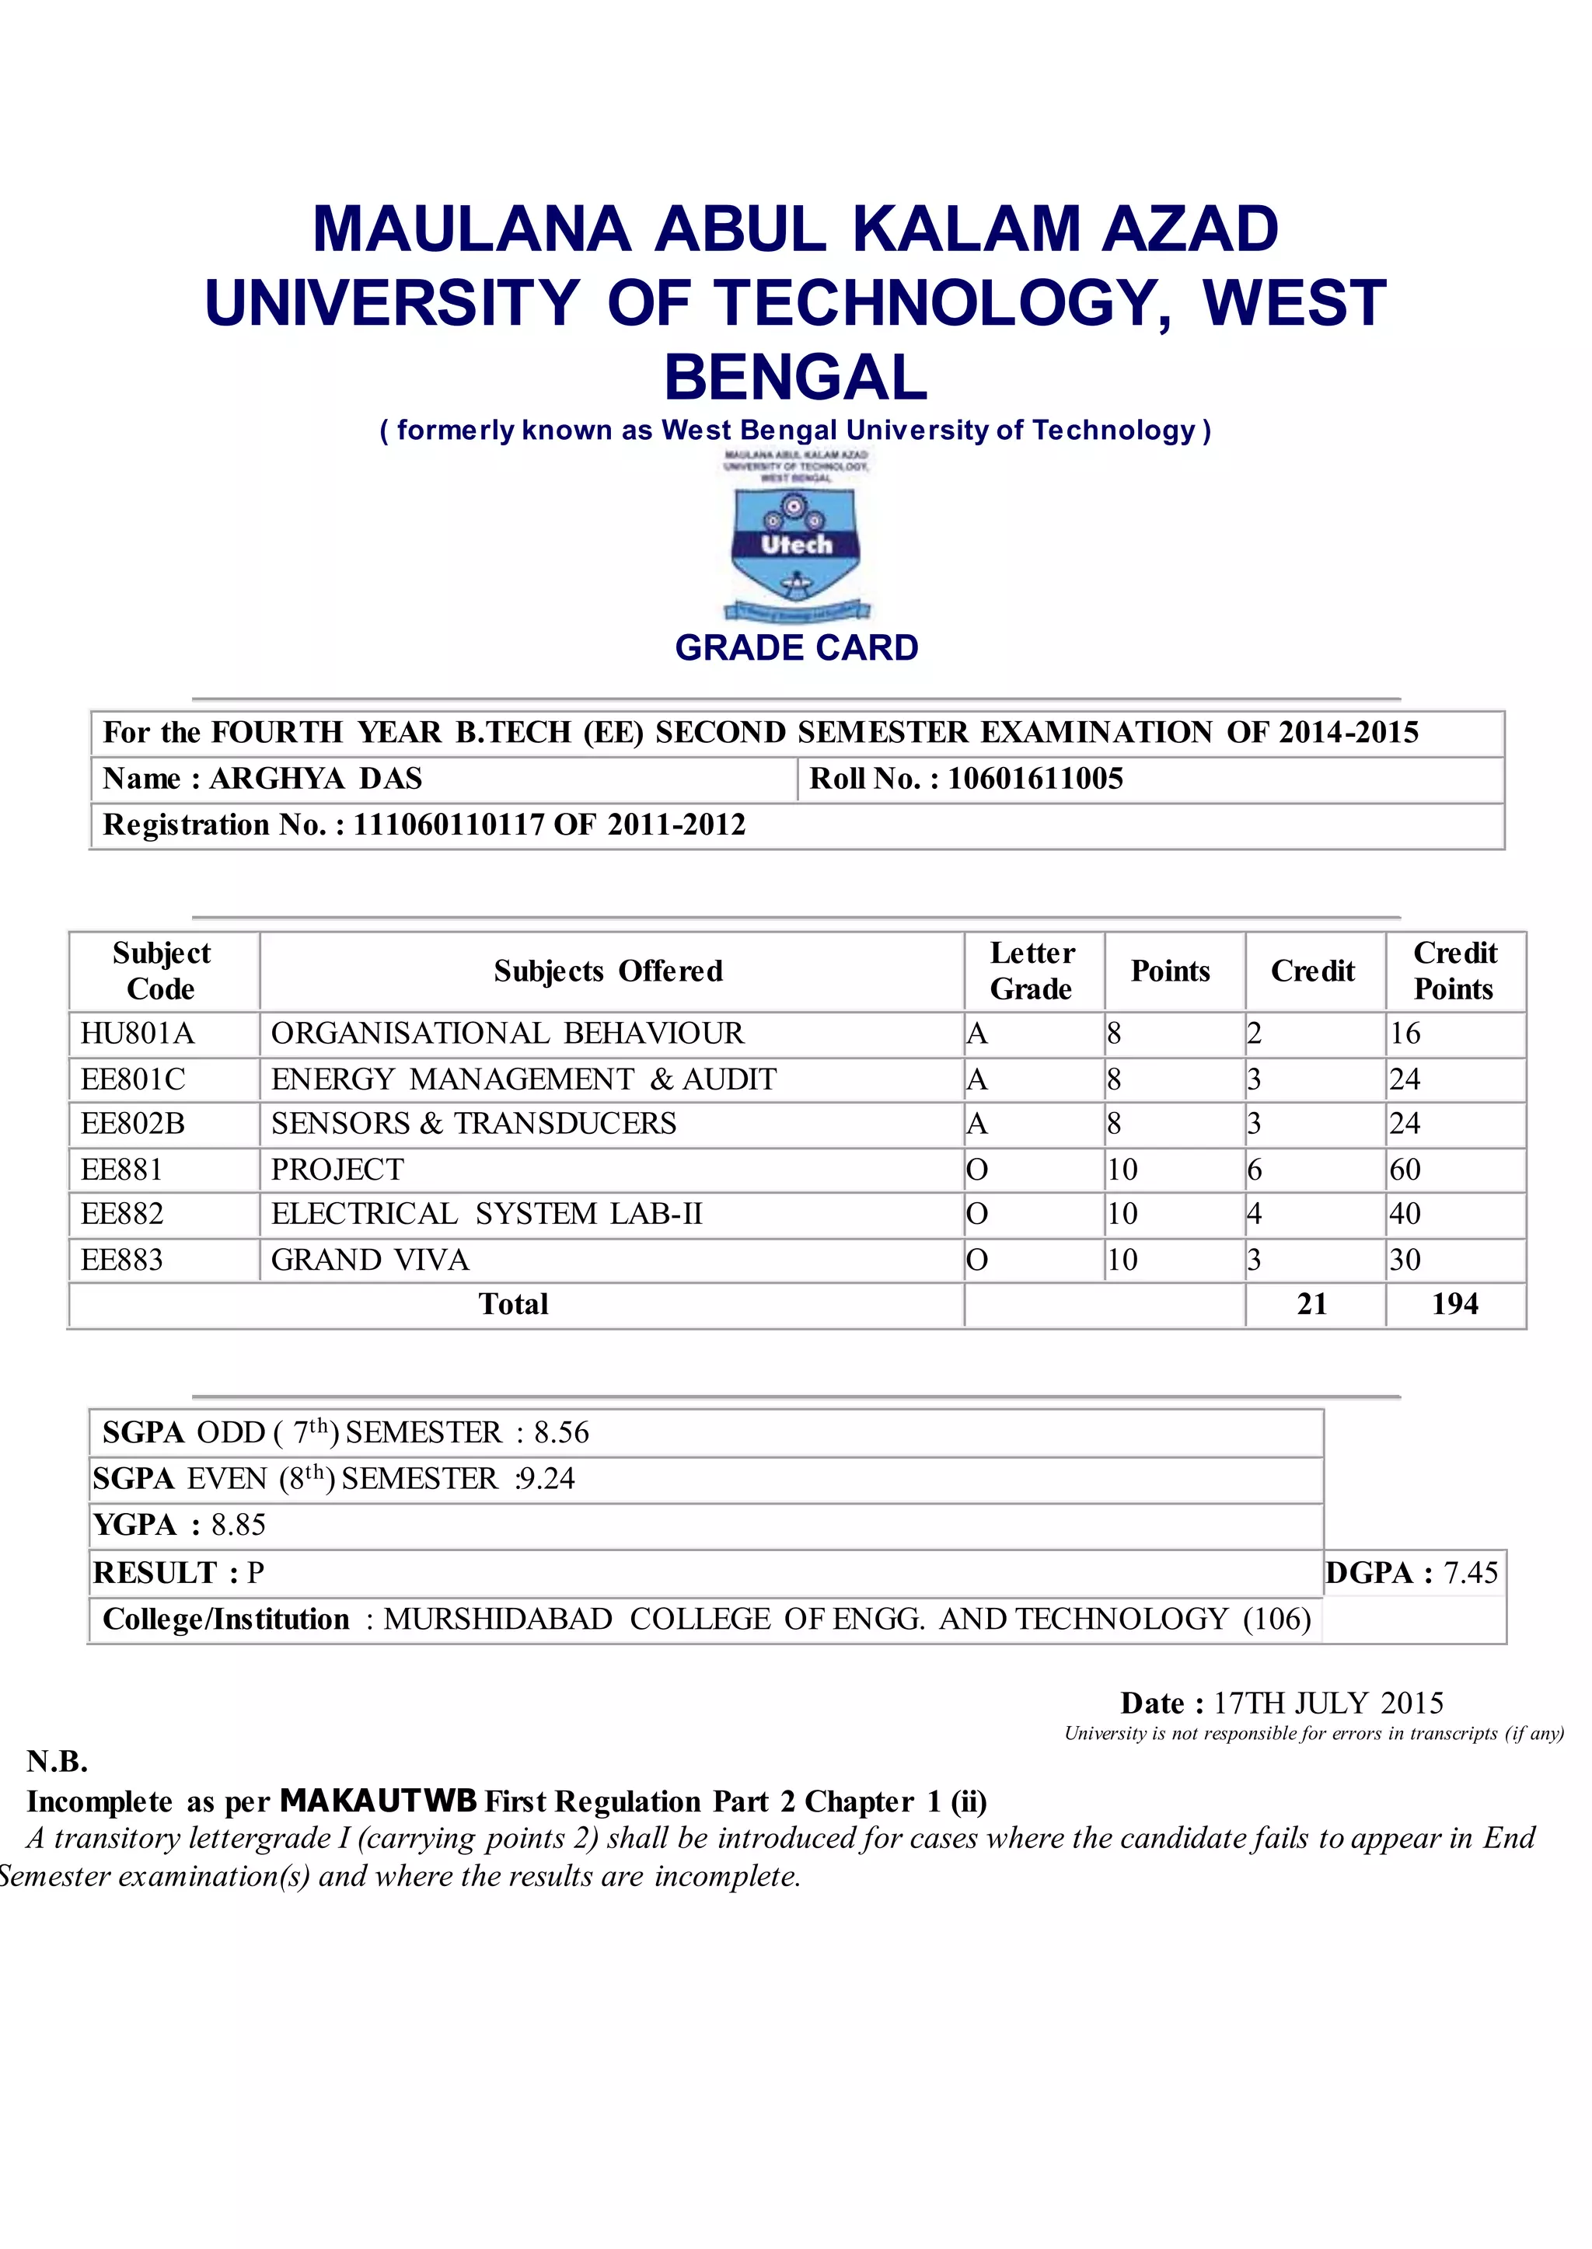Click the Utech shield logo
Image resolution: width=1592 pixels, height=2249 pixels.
pos(795,544)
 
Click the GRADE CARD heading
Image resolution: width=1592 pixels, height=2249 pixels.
pos(796,648)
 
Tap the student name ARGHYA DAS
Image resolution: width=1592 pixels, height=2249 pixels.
pos(316,778)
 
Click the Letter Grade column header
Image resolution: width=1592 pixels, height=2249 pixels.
pos(1032,970)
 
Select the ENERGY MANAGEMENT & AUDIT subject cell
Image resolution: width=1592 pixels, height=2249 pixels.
pos(523,1079)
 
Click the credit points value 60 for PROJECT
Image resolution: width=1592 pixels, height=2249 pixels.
pos(1405,1169)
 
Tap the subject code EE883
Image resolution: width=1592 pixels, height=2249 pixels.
pos(121,1259)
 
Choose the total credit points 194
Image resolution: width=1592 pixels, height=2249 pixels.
pos(1454,1303)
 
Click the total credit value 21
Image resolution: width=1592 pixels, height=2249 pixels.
pos(1311,1303)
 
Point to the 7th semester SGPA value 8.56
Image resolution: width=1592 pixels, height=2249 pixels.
pos(560,1433)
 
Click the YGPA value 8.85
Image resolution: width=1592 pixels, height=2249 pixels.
pos(238,1525)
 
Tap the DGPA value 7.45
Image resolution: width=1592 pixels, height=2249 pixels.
pos(1471,1573)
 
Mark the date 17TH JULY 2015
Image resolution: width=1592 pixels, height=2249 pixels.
pos(1328,1703)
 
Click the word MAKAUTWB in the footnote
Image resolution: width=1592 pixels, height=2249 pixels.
pos(379,1801)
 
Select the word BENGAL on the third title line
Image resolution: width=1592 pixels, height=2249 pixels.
pos(795,377)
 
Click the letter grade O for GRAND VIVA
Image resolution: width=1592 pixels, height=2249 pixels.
pos(976,1259)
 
